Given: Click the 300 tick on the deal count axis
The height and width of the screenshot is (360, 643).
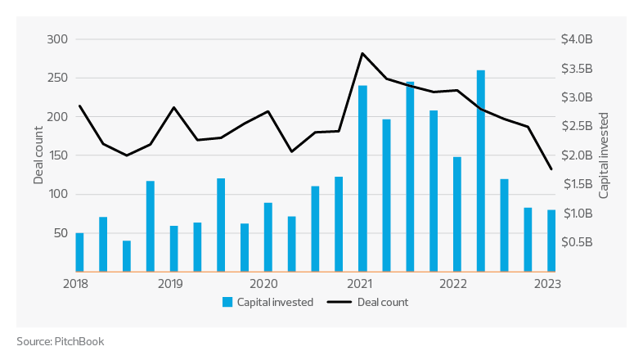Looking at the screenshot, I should pyautogui.click(x=56, y=39).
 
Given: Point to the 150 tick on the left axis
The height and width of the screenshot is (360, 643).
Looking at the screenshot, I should pyautogui.click(x=56, y=155).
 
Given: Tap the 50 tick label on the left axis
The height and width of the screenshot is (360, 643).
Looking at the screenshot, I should pyautogui.click(x=60, y=233).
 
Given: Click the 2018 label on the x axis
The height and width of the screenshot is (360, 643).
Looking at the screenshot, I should pyautogui.click(x=75, y=285).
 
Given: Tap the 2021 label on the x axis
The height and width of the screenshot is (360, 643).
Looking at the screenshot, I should pyautogui.click(x=360, y=285).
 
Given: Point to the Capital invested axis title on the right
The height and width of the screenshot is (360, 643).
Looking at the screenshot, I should pyautogui.click(x=604, y=155).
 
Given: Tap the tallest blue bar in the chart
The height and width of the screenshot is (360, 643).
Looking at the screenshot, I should pyautogui.click(x=480, y=171).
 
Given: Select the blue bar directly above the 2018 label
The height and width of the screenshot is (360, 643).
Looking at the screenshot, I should pyautogui.click(x=79, y=252).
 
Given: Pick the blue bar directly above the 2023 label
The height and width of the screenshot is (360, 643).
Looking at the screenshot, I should pyautogui.click(x=551, y=241).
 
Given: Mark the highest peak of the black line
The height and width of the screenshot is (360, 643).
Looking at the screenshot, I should pyautogui.click(x=362, y=53).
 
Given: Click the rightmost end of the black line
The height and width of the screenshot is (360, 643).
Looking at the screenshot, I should pyautogui.click(x=551, y=169).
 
